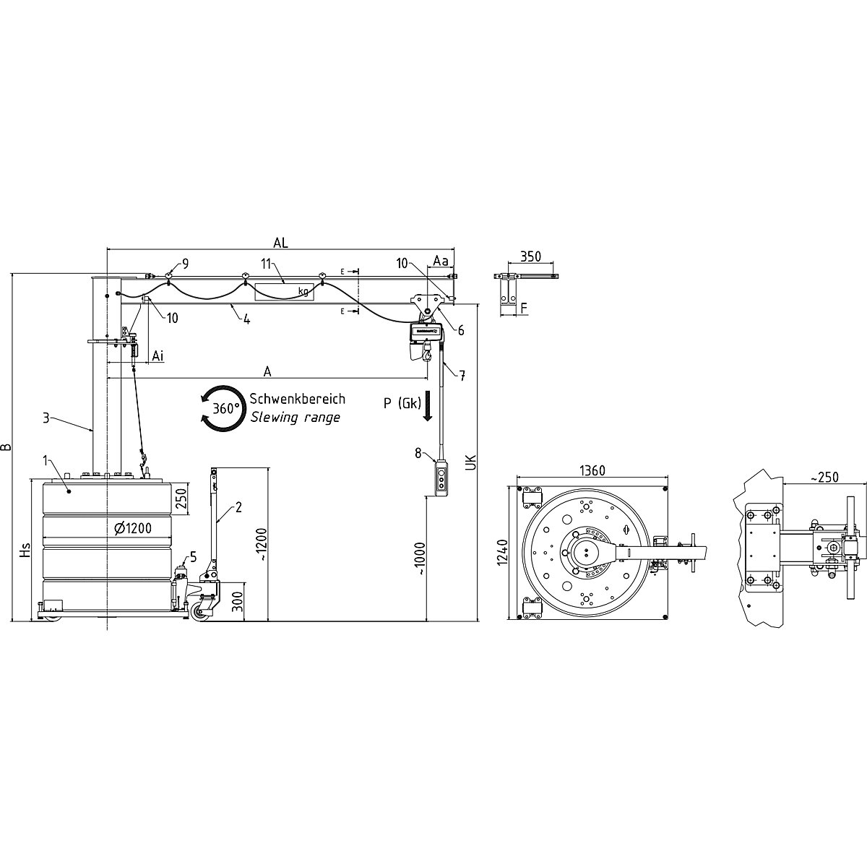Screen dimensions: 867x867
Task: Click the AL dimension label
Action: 280,243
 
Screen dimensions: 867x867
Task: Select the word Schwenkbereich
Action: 297,399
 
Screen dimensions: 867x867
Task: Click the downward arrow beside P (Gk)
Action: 427,406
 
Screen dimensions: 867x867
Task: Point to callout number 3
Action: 45,417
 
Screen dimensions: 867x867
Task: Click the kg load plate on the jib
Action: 283,291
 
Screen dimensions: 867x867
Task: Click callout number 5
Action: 193,556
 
